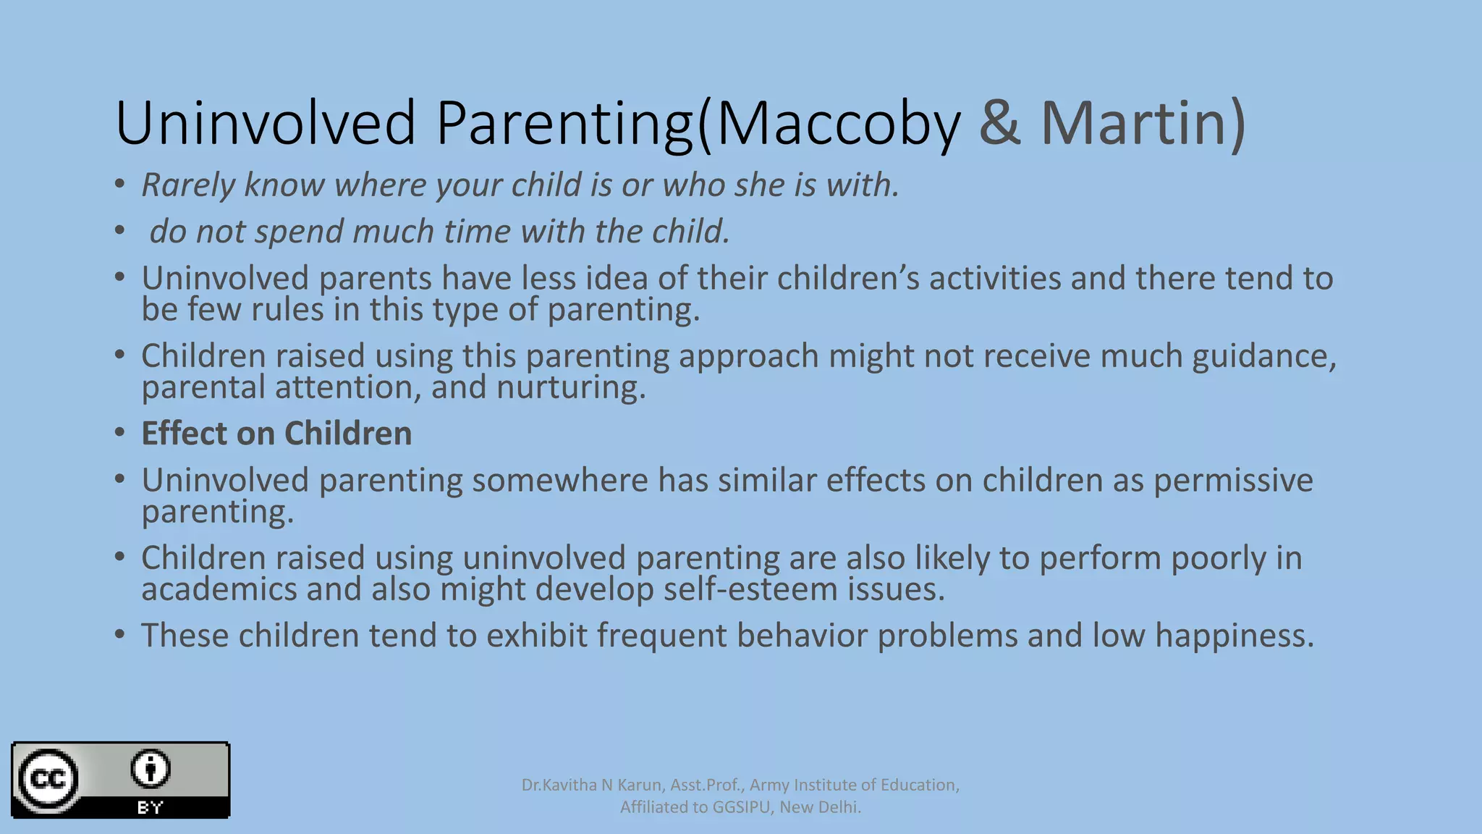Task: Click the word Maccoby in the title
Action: point(838,123)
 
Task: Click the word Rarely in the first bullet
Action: point(188,185)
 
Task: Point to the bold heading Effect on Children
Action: point(276,434)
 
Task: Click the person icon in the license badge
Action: point(150,768)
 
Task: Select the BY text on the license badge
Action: point(150,807)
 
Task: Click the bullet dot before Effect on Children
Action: point(120,433)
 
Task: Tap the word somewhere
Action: point(559,481)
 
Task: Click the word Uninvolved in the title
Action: point(265,123)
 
